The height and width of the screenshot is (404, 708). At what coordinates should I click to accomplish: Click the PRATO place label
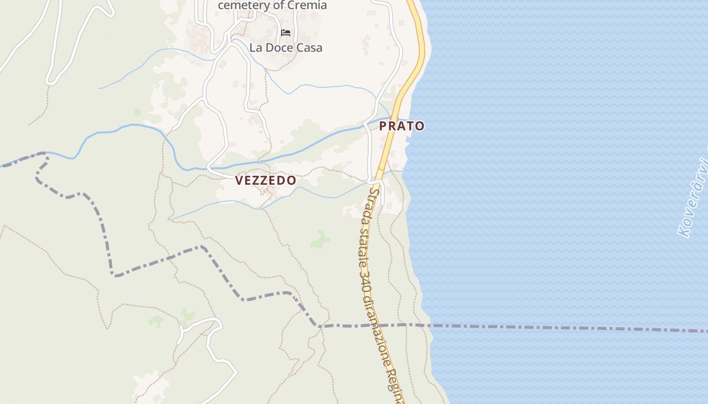point(402,126)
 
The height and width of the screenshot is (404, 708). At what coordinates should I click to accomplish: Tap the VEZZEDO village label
point(265,180)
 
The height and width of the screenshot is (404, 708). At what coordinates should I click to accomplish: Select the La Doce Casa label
point(286,48)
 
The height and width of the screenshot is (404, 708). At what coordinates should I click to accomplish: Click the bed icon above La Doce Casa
point(286,33)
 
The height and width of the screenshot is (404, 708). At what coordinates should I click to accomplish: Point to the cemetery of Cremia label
point(272,6)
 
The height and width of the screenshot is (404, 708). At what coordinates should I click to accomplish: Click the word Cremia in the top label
point(307,6)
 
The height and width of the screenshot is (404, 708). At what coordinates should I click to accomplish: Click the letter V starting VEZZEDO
point(239,180)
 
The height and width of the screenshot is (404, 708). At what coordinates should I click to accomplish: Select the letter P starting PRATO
point(383,126)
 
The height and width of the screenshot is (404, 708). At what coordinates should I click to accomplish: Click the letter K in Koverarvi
point(684,231)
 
